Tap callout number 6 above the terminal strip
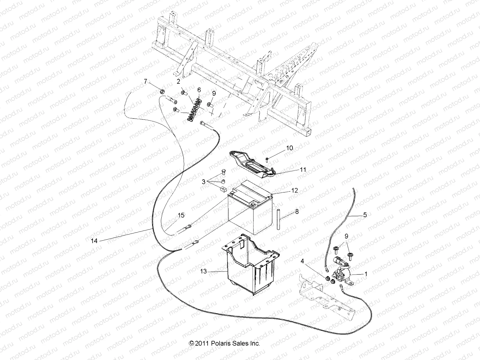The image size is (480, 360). point(199,90)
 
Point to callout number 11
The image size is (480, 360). point(303,170)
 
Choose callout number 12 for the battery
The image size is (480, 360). point(294,190)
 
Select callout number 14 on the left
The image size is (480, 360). point(94,241)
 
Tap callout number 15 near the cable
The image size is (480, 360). point(181,215)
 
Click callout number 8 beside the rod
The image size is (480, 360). point(297,212)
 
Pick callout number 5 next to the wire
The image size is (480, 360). point(365,215)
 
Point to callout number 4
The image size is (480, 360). point(302,261)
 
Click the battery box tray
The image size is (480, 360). point(249,270)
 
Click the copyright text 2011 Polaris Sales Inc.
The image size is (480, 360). point(224,343)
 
